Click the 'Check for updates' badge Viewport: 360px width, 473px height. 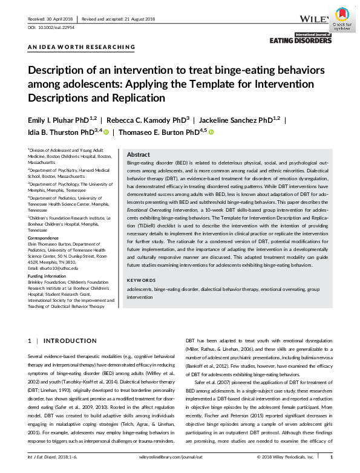342,19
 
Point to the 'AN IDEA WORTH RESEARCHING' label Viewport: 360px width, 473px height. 81,47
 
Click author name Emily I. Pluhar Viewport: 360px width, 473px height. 54,120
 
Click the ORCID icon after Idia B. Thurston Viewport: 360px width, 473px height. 105,132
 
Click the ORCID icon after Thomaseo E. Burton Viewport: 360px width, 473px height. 212,132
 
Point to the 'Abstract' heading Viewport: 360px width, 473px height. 139,155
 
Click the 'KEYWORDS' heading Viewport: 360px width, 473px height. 142,281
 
